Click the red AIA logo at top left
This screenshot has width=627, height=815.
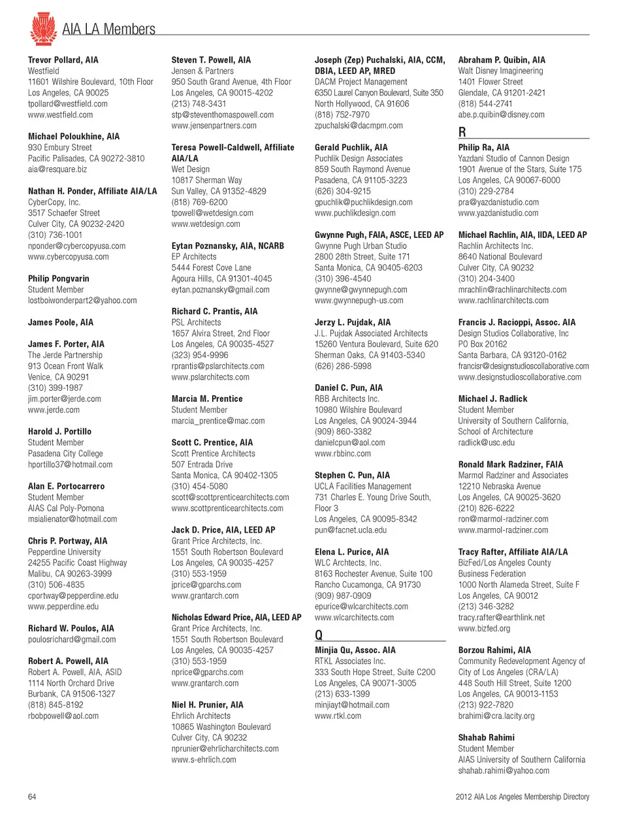pos(43,28)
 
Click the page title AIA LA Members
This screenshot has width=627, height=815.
pos(108,29)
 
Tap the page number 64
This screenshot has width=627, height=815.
pos(32,797)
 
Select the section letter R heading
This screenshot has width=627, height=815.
pos(462,132)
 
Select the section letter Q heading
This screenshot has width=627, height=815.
pos(319,635)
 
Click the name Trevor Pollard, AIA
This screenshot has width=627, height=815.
pos(63,60)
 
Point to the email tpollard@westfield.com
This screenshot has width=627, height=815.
pos(68,104)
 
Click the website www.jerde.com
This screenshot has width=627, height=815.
pos(54,410)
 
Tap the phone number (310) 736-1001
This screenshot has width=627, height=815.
pos(55,235)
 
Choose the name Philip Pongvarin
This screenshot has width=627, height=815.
pos(59,278)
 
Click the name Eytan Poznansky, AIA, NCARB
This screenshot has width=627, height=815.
pos(228,246)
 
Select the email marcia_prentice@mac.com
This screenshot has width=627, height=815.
pos(218,421)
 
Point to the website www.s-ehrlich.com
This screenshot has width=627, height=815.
pos(204,759)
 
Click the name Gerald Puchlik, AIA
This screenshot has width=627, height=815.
pos(351,148)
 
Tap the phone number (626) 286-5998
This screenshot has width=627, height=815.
pos(343,366)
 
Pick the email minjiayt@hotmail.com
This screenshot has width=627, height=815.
pos(352,705)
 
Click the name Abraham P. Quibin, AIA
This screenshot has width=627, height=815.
pos(502,60)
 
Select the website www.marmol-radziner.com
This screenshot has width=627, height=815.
pos(503,530)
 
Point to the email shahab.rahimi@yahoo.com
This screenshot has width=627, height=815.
pos(504,771)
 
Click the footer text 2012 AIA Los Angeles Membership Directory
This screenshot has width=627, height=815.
pos(522,797)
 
